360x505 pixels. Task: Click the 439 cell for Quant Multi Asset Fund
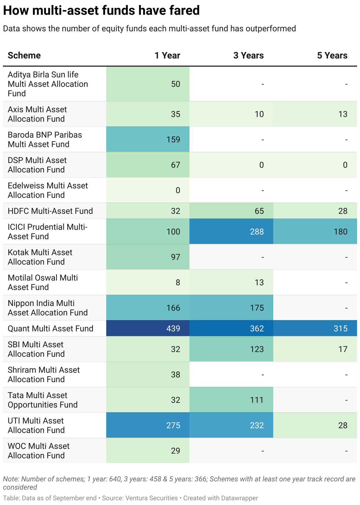(x=173, y=328)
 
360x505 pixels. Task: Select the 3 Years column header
(x=248, y=56)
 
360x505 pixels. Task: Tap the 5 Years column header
(x=332, y=56)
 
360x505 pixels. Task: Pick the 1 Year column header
(x=167, y=56)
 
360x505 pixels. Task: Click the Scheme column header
(x=24, y=56)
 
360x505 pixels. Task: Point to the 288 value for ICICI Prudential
(x=257, y=232)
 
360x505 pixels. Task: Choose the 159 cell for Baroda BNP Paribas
(x=173, y=139)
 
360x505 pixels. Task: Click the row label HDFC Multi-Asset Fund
(x=50, y=211)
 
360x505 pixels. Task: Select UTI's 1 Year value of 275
(x=173, y=425)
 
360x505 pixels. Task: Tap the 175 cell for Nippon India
(x=257, y=308)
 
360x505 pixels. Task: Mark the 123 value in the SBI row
(x=257, y=349)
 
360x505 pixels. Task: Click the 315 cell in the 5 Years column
(x=341, y=328)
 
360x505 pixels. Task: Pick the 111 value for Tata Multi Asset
(x=257, y=400)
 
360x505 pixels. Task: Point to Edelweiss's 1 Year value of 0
(x=178, y=190)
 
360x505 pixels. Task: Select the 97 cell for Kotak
(x=176, y=257)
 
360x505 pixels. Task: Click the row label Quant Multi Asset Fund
(x=50, y=328)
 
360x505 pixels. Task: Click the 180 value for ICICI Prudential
(x=341, y=232)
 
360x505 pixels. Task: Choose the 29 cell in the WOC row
(x=176, y=451)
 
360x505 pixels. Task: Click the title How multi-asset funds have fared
(x=101, y=11)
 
